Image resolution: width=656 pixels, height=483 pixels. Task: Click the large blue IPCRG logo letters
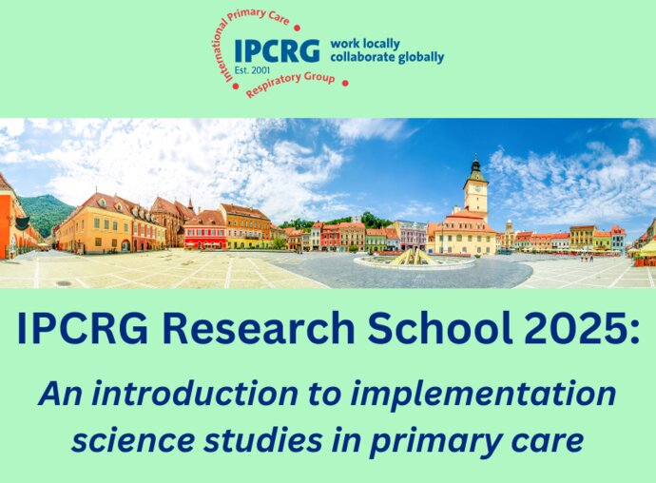[277, 50]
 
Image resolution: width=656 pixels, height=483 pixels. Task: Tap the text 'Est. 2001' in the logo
[252, 70]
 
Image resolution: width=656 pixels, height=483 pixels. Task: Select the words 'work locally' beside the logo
[365, 44]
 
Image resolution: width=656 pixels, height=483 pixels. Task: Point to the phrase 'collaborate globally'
[387, 57]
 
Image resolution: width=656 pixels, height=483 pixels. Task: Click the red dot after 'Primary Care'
[297, 28]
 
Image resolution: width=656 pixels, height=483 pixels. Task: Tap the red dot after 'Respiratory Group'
[345, 83]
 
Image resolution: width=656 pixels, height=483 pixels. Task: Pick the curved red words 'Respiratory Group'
[290, 85]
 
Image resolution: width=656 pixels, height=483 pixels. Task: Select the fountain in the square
[415, 259]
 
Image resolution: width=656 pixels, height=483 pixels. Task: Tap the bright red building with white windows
[205, 238]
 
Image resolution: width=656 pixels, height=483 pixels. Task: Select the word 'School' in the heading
[439, 329]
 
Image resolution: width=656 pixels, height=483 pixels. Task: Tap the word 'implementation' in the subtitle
[483, 395]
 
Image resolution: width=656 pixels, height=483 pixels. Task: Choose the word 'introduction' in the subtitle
[195, 394]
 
